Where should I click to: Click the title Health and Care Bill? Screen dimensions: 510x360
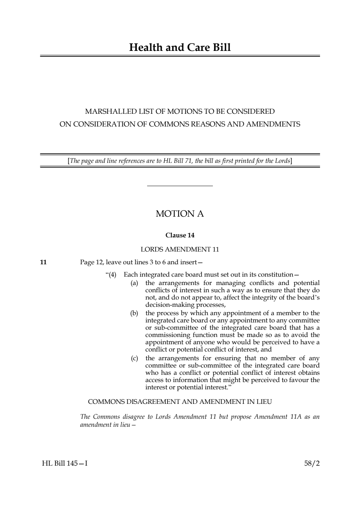coord(180,48)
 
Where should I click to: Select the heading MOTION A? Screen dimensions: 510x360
coord(180,214)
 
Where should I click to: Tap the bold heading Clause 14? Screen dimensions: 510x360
coord(180,235)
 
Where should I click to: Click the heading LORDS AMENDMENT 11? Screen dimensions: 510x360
coord(180,249)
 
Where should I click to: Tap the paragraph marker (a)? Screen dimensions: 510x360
coord(134,283)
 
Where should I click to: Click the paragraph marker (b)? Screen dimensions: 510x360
coord(134,313)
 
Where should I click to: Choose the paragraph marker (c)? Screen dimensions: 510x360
coord(134,358)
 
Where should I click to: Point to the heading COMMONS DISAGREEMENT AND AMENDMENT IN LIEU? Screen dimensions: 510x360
coord(180,402)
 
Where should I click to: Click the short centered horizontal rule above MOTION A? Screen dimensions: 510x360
coord(180,186)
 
